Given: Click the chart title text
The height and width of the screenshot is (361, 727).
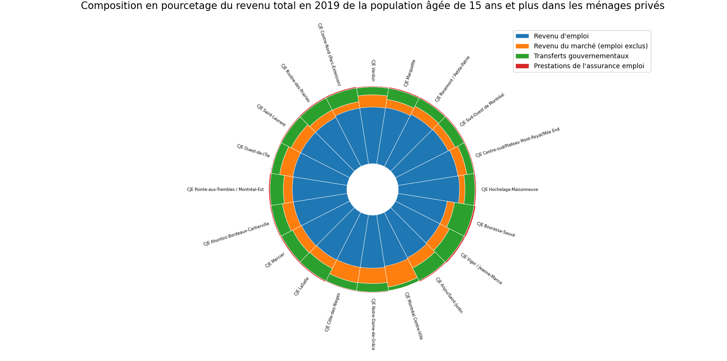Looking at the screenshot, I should [x=372, y=6].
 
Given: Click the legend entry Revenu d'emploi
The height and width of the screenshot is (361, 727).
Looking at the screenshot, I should [x=561, y=36].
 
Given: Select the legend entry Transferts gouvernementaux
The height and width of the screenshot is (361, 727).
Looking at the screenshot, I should [x=581, y=56].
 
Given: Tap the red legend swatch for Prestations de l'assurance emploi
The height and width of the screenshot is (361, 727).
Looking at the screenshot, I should [x=522, y=66].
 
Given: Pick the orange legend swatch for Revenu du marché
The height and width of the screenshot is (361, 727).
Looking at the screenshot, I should [x=522, y=46].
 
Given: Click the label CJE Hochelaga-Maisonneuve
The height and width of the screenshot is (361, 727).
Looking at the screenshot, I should [x=509, y=190].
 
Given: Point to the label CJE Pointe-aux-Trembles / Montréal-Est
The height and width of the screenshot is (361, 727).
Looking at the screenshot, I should [x=225, y=190].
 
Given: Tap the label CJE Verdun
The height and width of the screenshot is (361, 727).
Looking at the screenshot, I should [x=373, y=70].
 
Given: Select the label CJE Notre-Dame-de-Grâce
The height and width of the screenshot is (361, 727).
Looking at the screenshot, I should [x=373, y=324].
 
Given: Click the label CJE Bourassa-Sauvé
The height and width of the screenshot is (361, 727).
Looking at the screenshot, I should [x=496, y=229].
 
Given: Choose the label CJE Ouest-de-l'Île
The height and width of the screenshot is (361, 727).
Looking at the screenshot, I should [x=253, y=151].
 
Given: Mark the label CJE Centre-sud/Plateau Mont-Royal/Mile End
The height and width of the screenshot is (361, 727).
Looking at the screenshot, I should [x=517, y=143].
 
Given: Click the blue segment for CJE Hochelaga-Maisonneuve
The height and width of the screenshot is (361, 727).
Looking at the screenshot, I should [x=428, y=189].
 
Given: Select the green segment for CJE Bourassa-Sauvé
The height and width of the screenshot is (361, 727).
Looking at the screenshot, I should [x=460, y=218].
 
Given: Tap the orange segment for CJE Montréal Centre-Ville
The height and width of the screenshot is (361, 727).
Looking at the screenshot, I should [x=400, y=273].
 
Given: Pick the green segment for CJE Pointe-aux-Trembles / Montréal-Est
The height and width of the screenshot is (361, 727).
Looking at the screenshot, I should [x=277, y=190].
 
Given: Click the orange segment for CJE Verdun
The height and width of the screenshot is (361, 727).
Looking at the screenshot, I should [x=372, y=101].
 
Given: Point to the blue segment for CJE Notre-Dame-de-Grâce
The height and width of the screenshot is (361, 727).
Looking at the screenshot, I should [x=372, y=242].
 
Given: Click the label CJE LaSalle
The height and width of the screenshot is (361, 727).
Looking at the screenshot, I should [x=301, y=287].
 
